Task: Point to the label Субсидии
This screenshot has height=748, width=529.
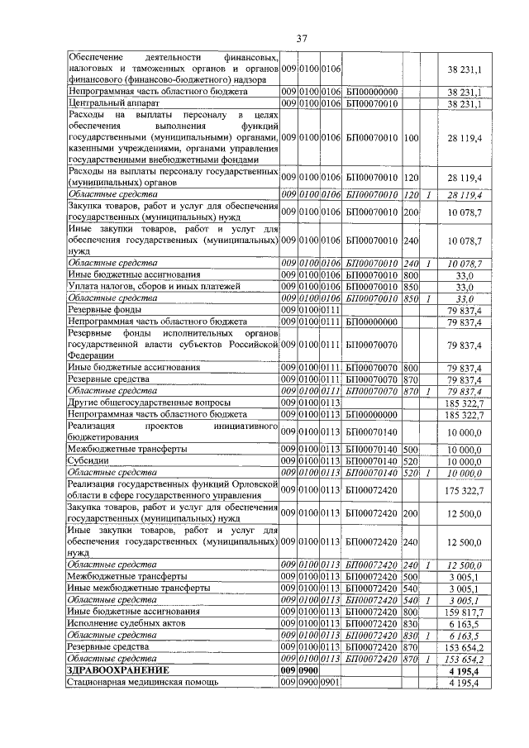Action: point(87,460)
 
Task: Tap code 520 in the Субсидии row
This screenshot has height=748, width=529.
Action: point(411,460)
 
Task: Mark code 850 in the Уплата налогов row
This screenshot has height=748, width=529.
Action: point(411,285)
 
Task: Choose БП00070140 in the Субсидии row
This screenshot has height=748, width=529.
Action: point(373,460)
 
